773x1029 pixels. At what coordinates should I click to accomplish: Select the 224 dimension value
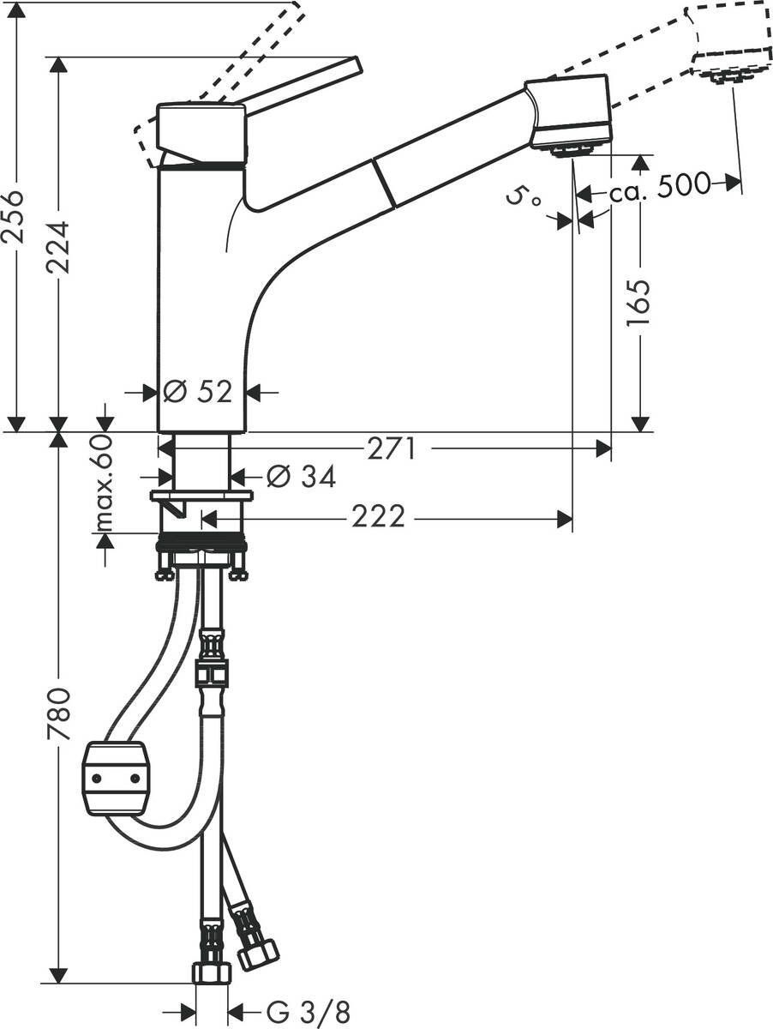coord(59,247)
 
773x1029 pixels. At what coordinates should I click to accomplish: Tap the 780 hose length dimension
coord(58,713)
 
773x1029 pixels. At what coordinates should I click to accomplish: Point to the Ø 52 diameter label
coord(198,392)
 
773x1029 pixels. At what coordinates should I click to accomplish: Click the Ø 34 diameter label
coord(288,476)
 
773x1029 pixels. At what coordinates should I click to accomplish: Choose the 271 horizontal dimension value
coord(392,448)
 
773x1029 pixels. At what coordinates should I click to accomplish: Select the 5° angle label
coord(524,200)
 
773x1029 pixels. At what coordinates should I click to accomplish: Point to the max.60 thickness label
coord(105,483)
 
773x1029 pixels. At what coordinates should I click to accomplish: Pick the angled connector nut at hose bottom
coord(258,953)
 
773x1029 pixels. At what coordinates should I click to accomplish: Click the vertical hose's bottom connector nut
coord(211,972)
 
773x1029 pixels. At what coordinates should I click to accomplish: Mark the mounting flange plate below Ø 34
coord(201,496)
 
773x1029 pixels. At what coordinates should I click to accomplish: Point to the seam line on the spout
coord(384,184)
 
